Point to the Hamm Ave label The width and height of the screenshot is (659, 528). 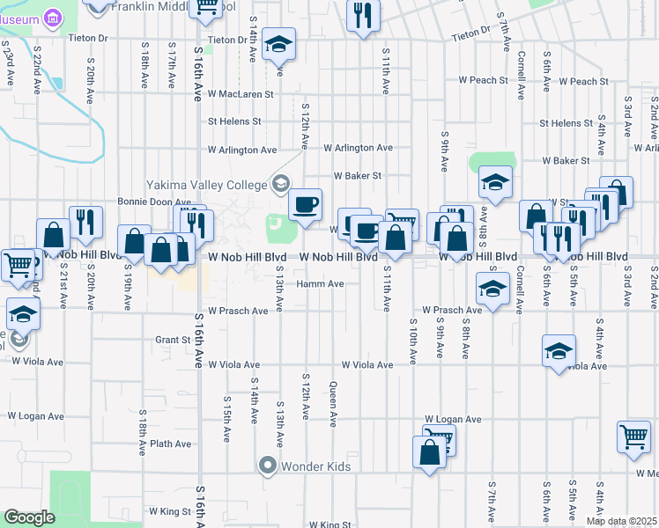pyautogui.click(x=320, y=284)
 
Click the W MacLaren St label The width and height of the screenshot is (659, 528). pyautogui.click(x=241, y=93)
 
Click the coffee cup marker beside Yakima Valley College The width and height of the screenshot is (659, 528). pyautogui.click(x=306, y=205)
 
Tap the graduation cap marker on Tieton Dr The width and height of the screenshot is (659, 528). pyautogui.click(x=279, y=44)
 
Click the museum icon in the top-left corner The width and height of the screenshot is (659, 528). pyautogui.click(x=51, y=16)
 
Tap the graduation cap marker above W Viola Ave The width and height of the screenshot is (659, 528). pyautogui.click(x=559, y=351)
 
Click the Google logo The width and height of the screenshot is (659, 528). pyautogui.click(x=29, y=517)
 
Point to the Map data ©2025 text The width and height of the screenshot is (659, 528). pyautogui.click(x=622, y=521)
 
